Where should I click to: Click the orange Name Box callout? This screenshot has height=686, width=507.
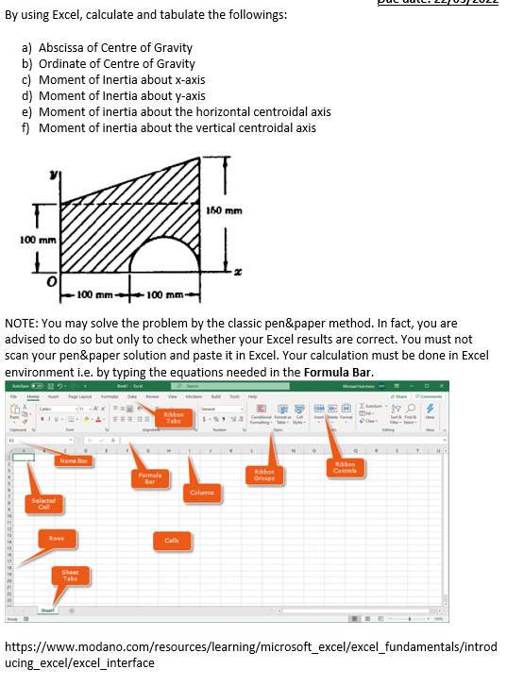click(74, 460)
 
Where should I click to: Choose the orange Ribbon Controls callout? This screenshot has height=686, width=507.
click(346, 467)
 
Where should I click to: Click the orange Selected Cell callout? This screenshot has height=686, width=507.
click(42, 502)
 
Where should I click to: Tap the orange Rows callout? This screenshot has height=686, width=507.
click(58, 538)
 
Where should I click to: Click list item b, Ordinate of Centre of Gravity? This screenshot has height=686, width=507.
click(116, 64)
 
